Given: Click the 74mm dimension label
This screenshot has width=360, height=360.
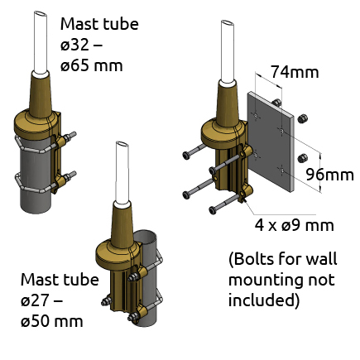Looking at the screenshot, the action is click(295, 72).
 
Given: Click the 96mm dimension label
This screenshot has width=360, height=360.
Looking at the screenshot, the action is click(330, 175).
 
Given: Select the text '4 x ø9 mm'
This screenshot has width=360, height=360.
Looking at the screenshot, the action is click(295, 225).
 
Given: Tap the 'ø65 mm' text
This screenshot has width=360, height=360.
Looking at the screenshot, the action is click(91, 65).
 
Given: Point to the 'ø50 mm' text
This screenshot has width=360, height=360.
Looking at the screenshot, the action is click(52, 321).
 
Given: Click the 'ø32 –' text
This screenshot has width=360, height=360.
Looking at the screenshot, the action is click(81, 45).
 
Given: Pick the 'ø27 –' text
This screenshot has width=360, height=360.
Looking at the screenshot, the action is click(41, 300).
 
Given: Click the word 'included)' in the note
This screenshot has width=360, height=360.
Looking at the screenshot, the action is click(264, 300).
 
